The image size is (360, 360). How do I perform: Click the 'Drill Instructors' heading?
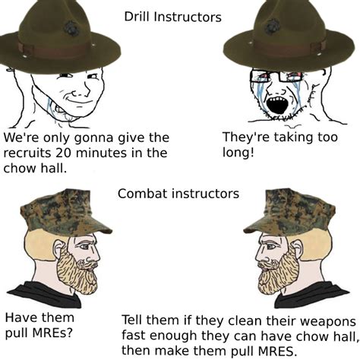coord(173,16)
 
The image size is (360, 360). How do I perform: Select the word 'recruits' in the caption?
coord(28,153)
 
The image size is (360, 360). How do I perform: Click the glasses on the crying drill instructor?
coord(276,76)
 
